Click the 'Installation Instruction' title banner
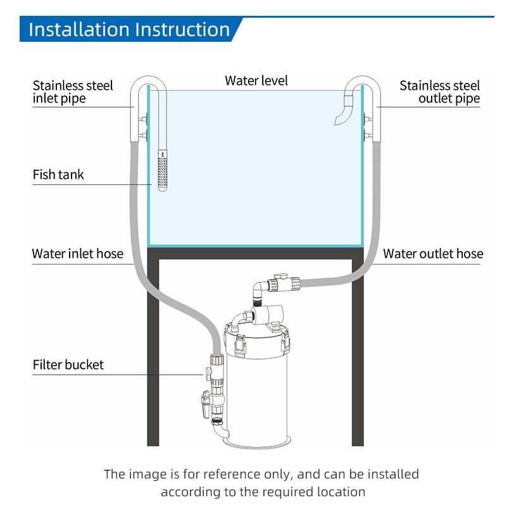pyautogui.click(x=130, y=30)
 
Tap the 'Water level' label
pyautogui.click(x=256, y=80)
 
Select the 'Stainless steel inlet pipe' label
pyautogui.click(x=73, y=92)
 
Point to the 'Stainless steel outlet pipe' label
pyautogui.click(x=439, y=92)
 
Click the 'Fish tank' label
pyautogui.click(x=58, y=175)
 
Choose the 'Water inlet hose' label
pyautogui.click(x=78, y=254)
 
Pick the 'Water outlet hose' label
pyautogui.click(x=433, y=254)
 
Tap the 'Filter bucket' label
pyautogui.click(x=68, y=365)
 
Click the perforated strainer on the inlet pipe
pyautogui.click(x=163, y=170)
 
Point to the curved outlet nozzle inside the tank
pyautogui.click(x=344, y=110)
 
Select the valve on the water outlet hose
pyautogui.click(x=283, y=283)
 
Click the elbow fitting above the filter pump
pyautogui.click(x=259, y=288)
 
